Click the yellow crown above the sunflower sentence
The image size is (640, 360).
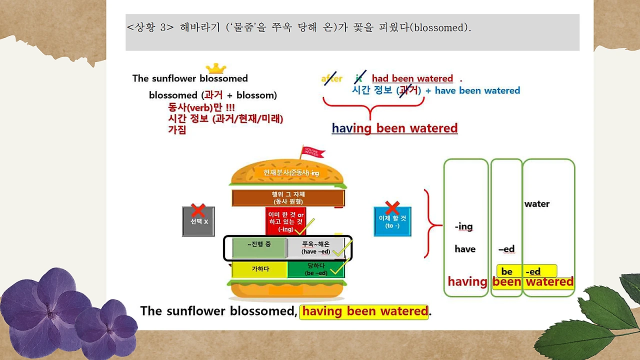(x=216, y=68)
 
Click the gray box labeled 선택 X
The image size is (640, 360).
(x=198, y=221)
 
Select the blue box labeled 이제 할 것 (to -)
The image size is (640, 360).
(x=392, y=221)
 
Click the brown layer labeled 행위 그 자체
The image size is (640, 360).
(x=288, y=198)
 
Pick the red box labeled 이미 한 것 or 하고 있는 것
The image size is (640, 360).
(x=285, y=221)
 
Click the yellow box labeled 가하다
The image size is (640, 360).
(x=259, y=269)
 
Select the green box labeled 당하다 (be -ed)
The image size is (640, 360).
(x=316, y=269)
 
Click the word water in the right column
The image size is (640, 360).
(x=537, y=204)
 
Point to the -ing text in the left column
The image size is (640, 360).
(x=463, y=226)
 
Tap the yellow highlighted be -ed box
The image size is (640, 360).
(x=526, y=271)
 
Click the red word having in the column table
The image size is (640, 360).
(x=467, y=282)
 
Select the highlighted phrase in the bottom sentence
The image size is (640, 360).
(x=364, y=311)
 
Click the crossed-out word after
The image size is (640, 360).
(x=331, y=78)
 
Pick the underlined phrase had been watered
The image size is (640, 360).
(x=412, y=78)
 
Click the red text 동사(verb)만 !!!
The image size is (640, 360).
(x=201, y=107)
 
